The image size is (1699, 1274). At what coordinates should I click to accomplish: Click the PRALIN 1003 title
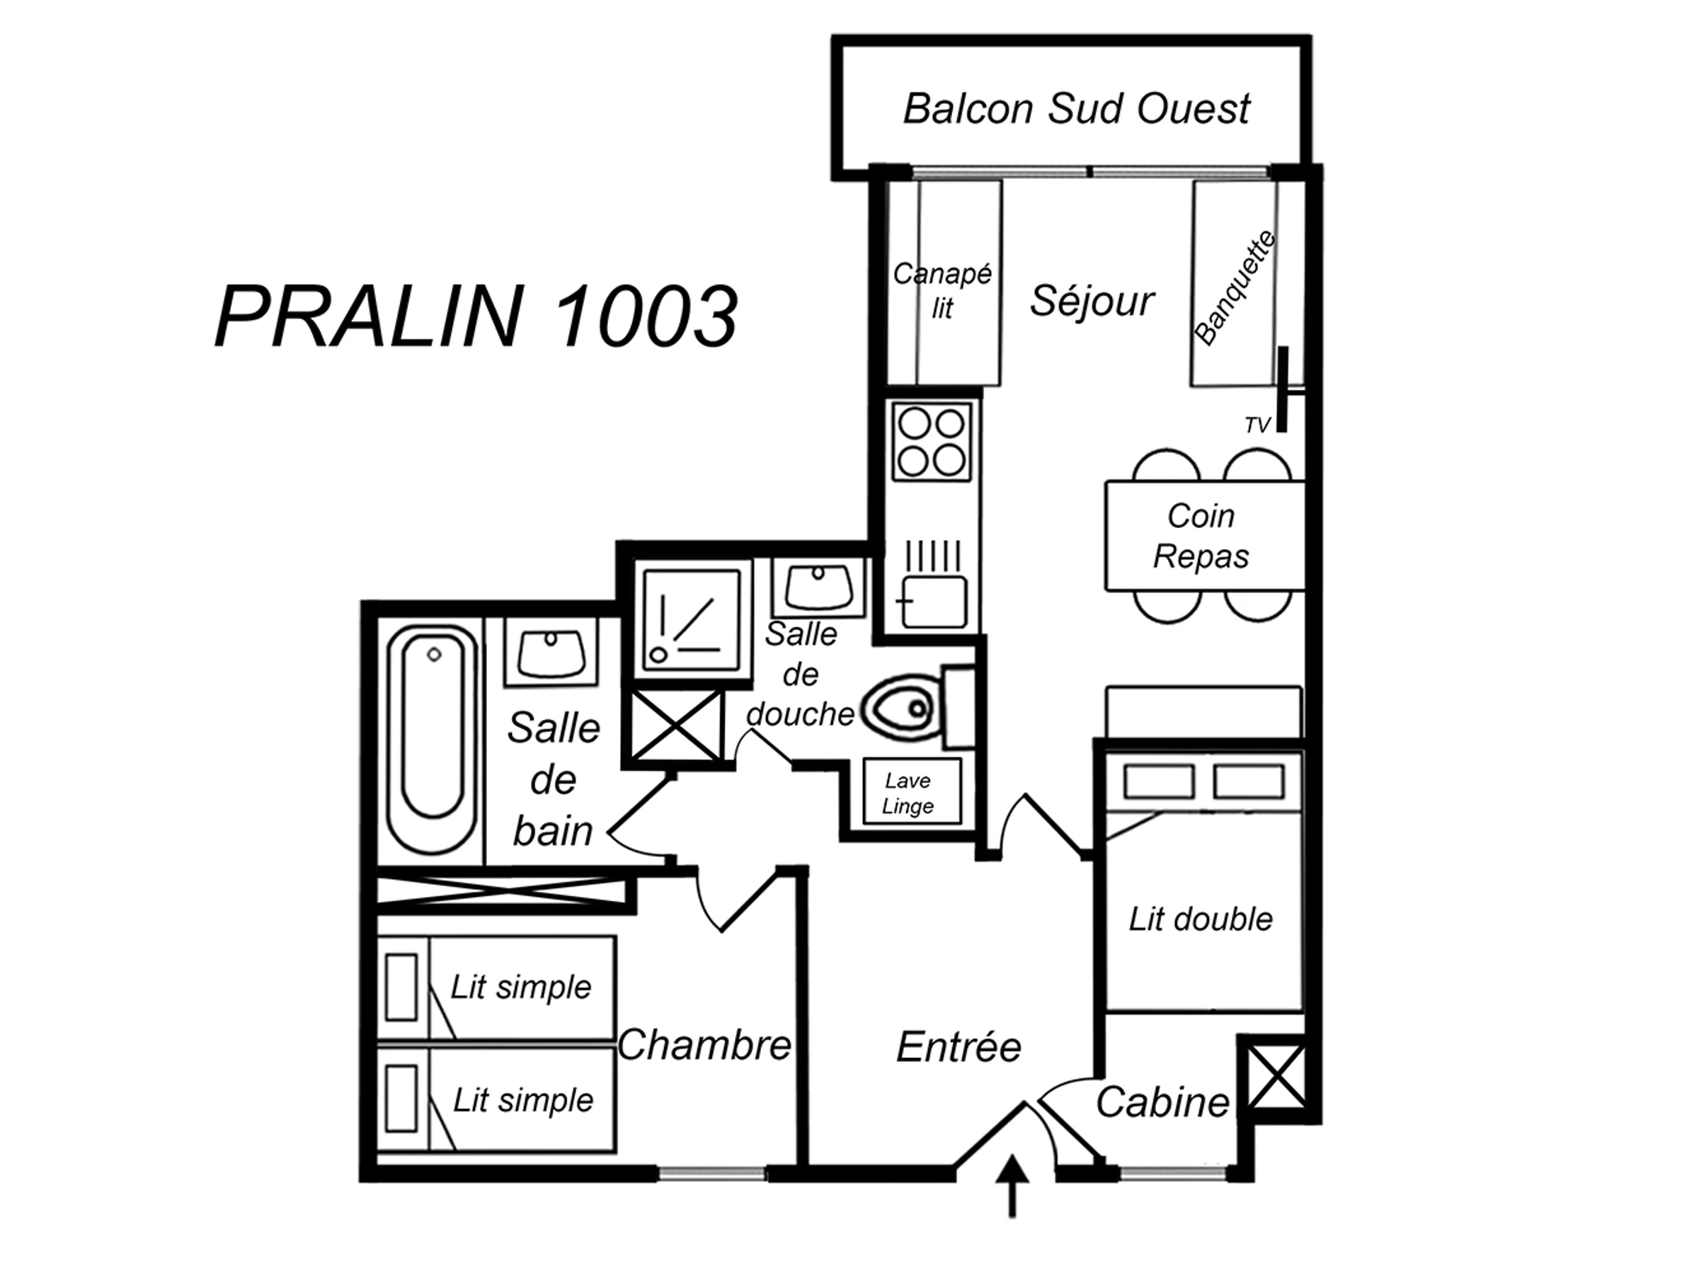(x=476, y=316)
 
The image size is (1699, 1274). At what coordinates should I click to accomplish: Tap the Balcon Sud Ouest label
(x=1076, y=109)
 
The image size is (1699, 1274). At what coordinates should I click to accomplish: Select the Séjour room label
(x=1092, y=300)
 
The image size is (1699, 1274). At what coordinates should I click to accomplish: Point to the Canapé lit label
(x=942, y=290)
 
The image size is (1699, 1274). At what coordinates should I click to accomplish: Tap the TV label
(x=1257, y=425)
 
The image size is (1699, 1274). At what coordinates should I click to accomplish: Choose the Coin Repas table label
(x=1201, y=535)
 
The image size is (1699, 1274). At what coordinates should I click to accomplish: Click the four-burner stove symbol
(x=932, y=442)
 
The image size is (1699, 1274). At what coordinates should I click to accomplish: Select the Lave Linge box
(x=910, y=793)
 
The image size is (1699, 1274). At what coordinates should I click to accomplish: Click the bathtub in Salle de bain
(x=432, y=739)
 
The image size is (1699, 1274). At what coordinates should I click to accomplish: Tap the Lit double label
(x=1201, y=919)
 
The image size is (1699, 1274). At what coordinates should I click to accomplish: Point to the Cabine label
(x=1162, y=1103)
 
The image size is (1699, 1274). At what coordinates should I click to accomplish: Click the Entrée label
(x=959, y=1047)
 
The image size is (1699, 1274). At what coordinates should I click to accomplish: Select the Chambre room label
(x=704, y=1045)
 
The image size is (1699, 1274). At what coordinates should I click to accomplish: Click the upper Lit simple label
(x=521, y=987)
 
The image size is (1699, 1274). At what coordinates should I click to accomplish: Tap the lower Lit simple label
(x=523, y=1101)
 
